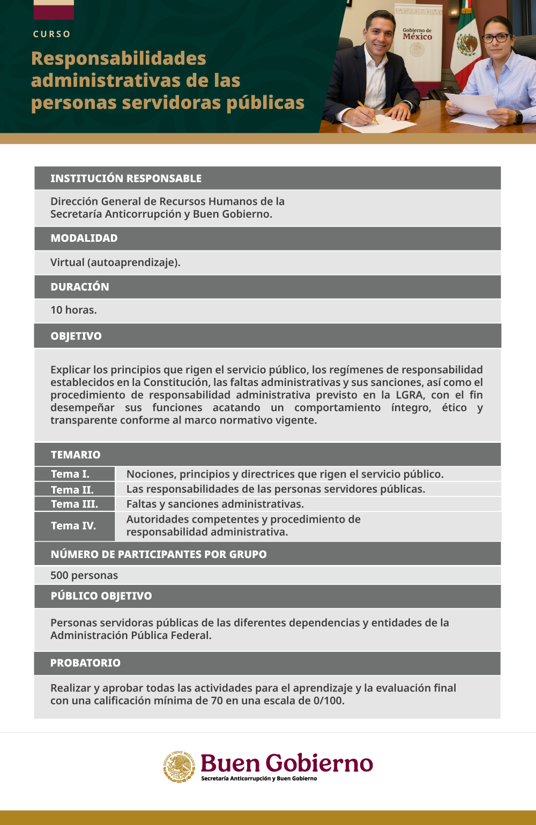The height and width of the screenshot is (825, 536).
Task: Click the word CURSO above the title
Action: coord(51,34)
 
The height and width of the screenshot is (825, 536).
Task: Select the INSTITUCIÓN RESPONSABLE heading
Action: coord(126,179)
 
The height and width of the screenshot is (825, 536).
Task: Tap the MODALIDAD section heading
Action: coord(84,238)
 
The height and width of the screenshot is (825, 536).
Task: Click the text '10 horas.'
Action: coord(73,310)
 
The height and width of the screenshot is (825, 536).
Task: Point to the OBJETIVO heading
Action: coord(76,336)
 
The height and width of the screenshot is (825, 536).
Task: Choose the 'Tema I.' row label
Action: coord(70,474)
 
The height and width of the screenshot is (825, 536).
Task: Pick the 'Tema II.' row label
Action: coord(72,489)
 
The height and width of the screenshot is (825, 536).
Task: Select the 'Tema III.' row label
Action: coord(75,504)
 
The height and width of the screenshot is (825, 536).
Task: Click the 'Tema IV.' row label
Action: coord(73,526)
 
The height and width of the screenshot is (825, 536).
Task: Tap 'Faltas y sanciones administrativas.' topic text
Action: coord(215,504)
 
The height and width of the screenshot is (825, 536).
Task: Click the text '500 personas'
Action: coord(84,575)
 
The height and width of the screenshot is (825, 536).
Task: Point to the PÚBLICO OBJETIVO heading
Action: coord(101,596)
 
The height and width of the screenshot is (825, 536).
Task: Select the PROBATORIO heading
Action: coord(85,663)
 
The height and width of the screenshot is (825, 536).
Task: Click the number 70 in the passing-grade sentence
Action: coord(217,701)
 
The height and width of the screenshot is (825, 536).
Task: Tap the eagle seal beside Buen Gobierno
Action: coord(180,767)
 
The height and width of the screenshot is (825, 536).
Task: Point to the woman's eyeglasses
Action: coord(495,38)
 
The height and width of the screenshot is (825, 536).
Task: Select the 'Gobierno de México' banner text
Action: coord(417,34)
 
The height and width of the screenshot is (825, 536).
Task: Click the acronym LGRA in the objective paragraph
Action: coord(409,395)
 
